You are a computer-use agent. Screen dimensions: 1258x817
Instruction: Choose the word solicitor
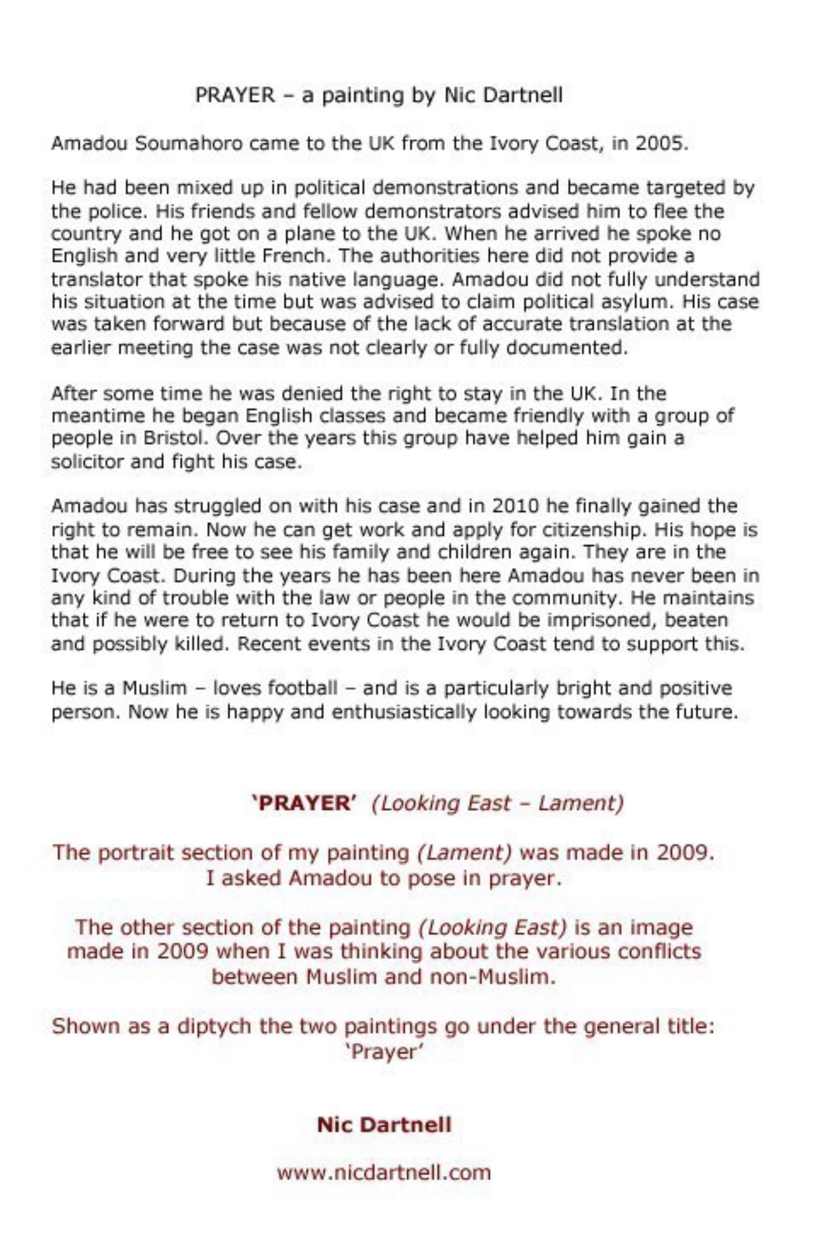(87, 461)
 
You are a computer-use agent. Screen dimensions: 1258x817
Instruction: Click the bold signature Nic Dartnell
(384, 1125)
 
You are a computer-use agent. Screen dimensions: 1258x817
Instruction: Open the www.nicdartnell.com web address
(384, 1172)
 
